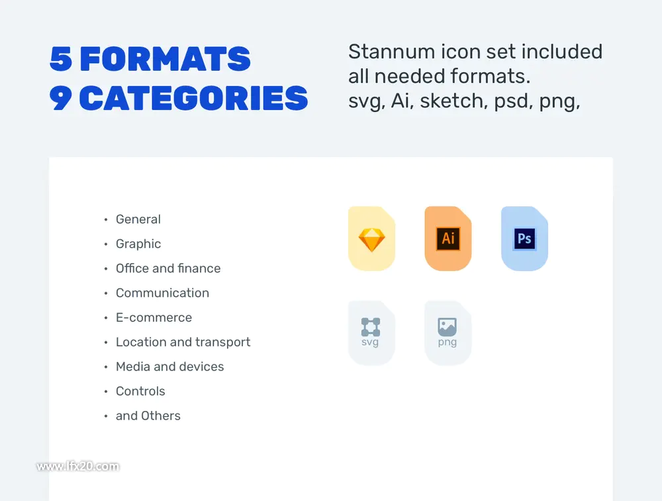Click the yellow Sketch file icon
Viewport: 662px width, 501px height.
(x=371, y=239)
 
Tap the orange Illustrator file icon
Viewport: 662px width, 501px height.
(x=448, y=239)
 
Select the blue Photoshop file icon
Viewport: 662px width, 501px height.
(x=524, y=239)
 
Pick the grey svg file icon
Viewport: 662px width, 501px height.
(x=371, y=333)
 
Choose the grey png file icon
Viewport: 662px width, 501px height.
(x=448, y=333)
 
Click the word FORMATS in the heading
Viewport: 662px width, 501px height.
(x=165, y=59)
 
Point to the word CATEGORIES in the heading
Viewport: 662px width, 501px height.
(x=193, y=98)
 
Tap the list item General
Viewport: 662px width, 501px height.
(x=138, y=219)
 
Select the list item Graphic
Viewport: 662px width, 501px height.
(x=138, y=244)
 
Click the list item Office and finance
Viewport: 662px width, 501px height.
(x=168, y=268)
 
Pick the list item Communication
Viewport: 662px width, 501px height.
(x=163, y=292)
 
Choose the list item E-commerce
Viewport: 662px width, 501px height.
(x=154, y=317)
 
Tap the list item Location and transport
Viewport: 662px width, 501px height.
(x=183, y=342)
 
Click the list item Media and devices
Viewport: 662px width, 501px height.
(x=169, y=366)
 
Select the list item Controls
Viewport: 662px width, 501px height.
(x=140, y=391)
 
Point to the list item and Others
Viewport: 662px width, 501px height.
(x=148, y=416)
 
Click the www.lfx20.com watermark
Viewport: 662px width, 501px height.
(x=77, y=467)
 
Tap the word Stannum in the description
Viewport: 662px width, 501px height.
(x=391, y=52)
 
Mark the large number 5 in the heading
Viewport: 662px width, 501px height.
(x=61, y=59)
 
